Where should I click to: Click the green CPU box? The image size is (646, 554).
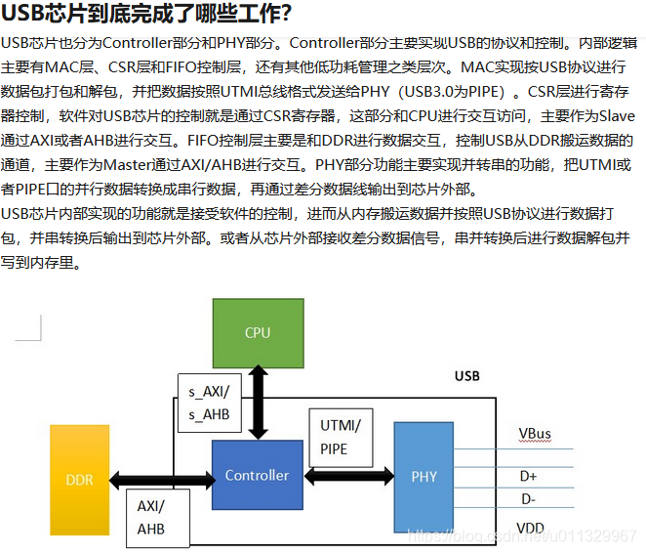click(258, 333)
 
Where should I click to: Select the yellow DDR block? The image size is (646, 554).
click(79, 480)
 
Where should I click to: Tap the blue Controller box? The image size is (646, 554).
click(257, 475)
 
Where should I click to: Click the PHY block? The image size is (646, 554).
click(424, 476)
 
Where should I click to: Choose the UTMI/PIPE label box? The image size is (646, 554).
click(340, 438)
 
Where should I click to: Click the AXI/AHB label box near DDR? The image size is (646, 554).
click(151, 517)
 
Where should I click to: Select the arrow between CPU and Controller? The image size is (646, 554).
click(258, 403)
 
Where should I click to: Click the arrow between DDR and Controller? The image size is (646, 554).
click(160, 480)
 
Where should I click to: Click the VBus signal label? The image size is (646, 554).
click(535, 433)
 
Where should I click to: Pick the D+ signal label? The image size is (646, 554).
click(529, 476)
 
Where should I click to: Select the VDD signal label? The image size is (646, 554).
click(530, 528)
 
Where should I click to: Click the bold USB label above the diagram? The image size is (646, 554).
click(467, 375)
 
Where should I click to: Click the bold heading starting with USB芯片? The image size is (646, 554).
click(146, 15)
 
